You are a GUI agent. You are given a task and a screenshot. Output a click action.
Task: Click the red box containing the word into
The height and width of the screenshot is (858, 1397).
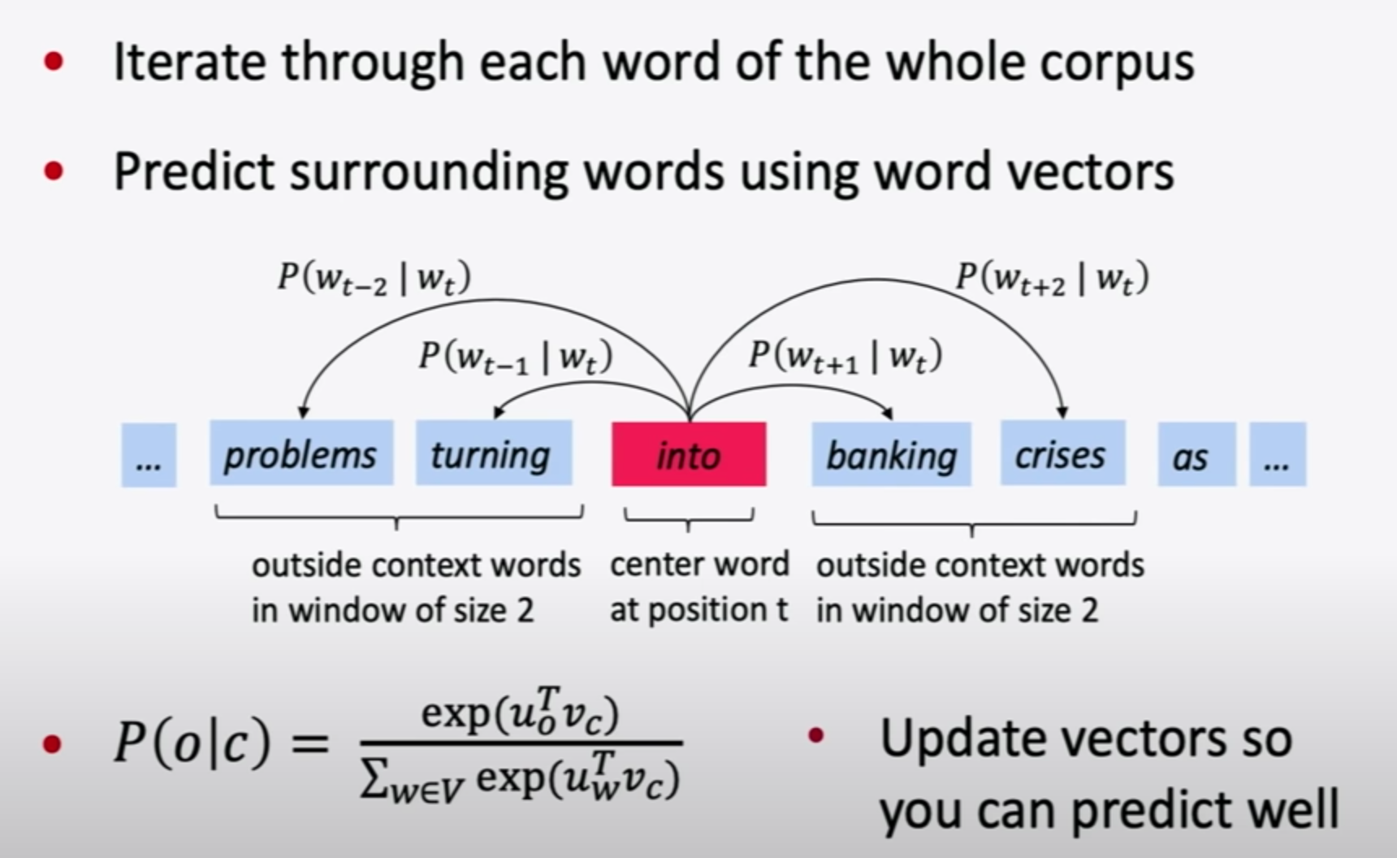[x=688, y=454]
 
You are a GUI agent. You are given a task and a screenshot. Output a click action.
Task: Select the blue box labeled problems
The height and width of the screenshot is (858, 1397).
[x=301, y=453]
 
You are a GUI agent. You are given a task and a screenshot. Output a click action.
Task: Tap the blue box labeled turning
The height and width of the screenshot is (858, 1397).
[x=494, y=453]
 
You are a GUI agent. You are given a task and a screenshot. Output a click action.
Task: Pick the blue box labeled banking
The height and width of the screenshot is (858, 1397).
[x=891, y=454]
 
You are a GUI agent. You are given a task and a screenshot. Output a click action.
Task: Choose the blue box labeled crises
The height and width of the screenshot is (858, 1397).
[x=1062, y=453]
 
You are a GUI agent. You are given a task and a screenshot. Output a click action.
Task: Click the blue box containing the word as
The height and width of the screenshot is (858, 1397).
[x=1196, y=455]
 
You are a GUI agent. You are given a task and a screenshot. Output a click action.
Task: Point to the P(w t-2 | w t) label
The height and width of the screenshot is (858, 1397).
[x=374, y=279]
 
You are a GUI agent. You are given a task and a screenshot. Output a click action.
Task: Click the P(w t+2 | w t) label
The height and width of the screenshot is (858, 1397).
[x=1052, y=279]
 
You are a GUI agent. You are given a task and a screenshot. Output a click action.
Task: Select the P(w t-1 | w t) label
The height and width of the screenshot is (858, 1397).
[x=515, y=357]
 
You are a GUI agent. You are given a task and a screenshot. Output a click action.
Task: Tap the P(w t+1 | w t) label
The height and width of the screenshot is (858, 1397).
[x=845, y=357]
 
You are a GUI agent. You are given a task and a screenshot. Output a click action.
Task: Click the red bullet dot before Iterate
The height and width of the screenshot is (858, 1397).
[x=54, y=62]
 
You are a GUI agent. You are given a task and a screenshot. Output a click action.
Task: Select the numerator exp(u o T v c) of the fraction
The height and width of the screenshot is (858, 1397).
[x=520, y=713]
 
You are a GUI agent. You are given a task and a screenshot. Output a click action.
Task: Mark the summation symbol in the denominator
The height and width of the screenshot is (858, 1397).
[x=374, y=782]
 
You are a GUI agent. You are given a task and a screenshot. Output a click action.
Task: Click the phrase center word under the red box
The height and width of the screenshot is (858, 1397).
[x=698, y=564]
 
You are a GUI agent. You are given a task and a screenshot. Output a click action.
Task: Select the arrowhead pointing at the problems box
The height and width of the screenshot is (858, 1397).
[x=303, y=413]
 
